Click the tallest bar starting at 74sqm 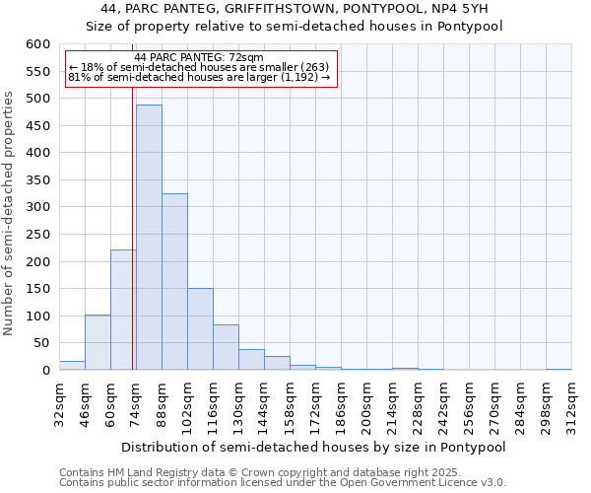[149, 237]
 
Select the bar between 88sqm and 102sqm [174, 281]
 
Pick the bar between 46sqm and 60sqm [98, 342]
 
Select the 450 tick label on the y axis [37, 126]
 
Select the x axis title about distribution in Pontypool [314, 447]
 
